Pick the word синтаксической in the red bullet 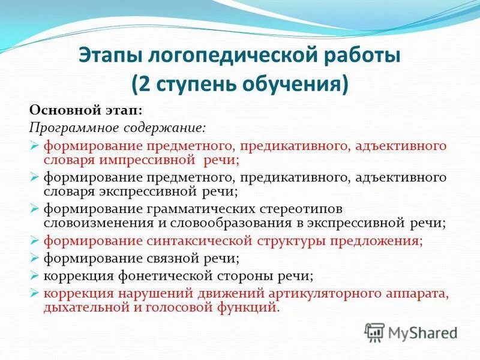pos(184,241)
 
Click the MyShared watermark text pos(422,332)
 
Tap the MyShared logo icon pos(375,332)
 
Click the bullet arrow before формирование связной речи pos(34,259)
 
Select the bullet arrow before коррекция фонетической pos(34,276)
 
